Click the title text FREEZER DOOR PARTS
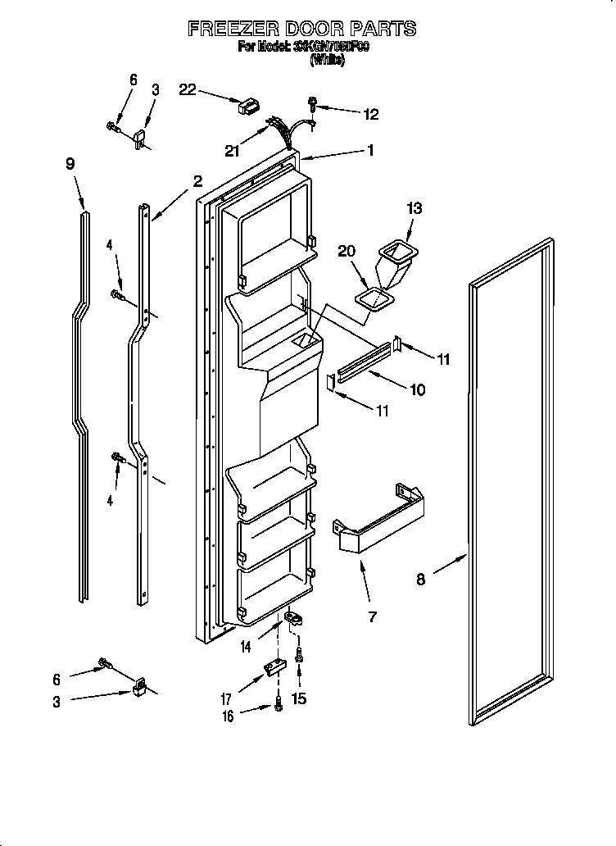(x=302, y=30)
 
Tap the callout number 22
(x=188, y=90)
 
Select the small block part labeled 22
(x=247, y=106)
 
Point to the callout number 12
(x=371, y=115)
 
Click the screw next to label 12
(x=313, y=104)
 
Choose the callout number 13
(x=414, y=209)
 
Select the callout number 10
(x=417, y=390)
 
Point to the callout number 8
(x=420, y=580)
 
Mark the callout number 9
(x=70, y=164)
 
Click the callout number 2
(x=197, y=181)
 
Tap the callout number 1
(x=370, y=150)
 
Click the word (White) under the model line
(x=326, y=60)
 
